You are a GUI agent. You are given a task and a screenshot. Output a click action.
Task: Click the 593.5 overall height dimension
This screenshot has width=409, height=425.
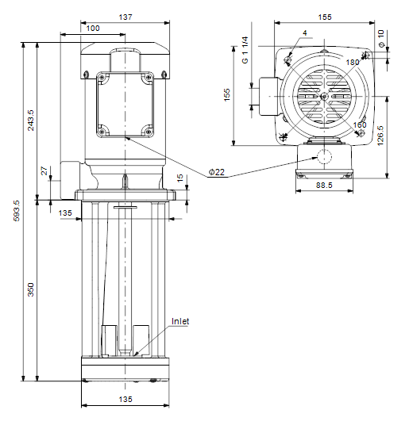[x=17, y=211]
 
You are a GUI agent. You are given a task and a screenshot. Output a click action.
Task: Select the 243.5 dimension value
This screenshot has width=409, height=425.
[x=31, y=120]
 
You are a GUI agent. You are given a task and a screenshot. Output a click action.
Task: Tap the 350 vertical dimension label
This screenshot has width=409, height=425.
[x=31, y=289]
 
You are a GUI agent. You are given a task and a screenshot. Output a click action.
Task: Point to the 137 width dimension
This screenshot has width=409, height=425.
[x=125, y=17]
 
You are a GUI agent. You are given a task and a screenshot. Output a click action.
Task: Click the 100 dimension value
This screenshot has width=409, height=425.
[x=93, y=29]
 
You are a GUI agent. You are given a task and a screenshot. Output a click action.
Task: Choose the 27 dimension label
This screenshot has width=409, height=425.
[x=44, y=171]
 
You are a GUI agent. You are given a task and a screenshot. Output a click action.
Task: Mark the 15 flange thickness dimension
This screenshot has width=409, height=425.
[x=180, y=178]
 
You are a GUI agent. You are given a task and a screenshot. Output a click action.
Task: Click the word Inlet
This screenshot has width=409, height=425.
[x=180, y=321]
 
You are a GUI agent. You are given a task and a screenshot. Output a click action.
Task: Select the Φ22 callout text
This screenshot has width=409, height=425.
[x=217, y=172]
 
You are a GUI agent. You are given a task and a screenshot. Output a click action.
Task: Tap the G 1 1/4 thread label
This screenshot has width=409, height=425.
[x=245, y=50]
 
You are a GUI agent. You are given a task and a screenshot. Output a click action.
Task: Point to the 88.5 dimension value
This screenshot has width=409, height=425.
[x=324, y=185]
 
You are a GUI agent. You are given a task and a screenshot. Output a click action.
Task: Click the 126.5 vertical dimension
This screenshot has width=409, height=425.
[x=380, y=136]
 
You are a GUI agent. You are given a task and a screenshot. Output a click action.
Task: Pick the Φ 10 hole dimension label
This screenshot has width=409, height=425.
[x=381, y=39]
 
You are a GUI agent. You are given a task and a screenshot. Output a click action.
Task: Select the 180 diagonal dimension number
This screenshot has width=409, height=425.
[x=353, y=63]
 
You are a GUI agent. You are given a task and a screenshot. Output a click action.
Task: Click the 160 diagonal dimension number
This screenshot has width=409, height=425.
[x=360, y=124]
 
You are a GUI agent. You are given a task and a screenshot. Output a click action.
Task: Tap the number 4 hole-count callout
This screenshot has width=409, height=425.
[x=305, y=33]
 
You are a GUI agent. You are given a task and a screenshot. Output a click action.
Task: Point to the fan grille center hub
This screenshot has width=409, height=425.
[x=324, y=96]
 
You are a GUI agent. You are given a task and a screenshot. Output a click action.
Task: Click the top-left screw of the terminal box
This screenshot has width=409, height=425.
[x=102, y=77]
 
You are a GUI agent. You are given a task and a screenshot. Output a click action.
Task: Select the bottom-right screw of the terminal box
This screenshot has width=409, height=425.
[x=149, y=132]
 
